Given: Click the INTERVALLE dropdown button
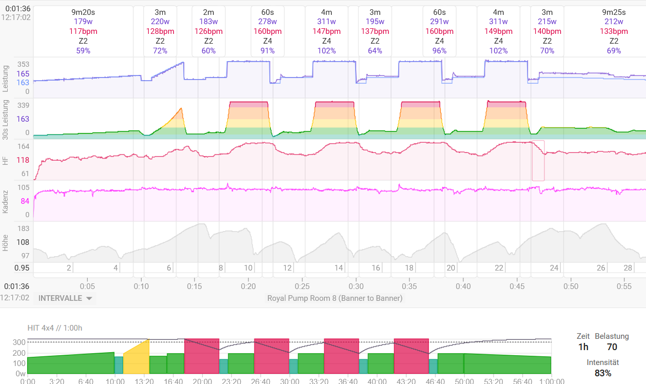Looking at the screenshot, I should pos(65,298).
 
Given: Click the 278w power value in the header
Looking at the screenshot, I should pos(267,22).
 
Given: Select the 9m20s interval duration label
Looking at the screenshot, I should pos(83,12).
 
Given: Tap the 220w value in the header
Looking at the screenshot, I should pos(160,22).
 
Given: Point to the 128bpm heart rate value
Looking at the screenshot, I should pos(160,31).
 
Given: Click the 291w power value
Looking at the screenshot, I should pos(439,22).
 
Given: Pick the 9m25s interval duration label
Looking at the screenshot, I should pos(614,12).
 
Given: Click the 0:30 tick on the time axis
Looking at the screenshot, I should pos(356,286).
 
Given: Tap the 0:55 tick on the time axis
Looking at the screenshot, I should pos(624,286).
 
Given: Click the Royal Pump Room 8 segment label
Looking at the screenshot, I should pos(335,298).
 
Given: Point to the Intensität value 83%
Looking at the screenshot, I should pos(603,373).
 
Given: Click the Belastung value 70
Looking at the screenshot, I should pos(612,347).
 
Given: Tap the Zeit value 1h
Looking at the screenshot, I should pos(583,347).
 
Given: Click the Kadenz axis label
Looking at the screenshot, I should pos(5,201).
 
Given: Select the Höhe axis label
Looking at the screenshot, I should pos(5,242).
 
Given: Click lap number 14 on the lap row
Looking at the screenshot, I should pos(339,268).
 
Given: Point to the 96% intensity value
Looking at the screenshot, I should pos(439,51).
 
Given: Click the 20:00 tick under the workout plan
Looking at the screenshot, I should pos(202,380).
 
